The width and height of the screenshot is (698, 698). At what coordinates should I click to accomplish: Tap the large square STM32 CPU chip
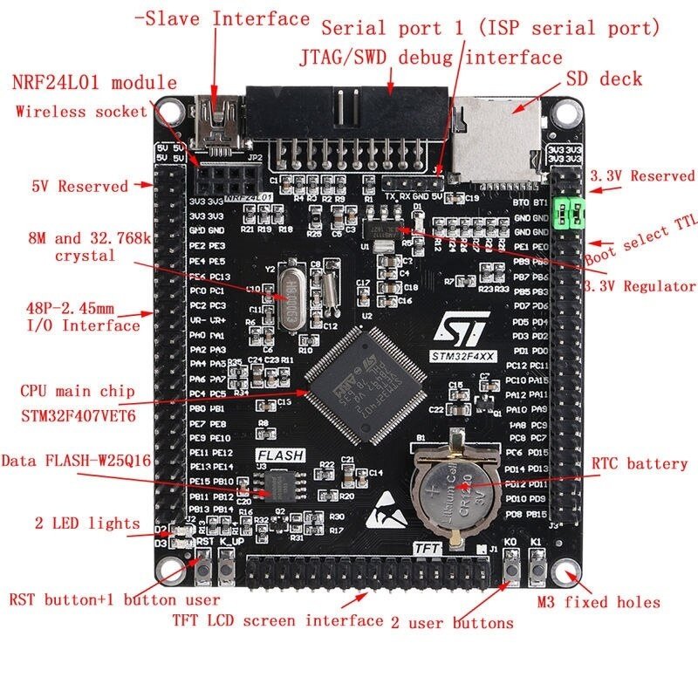364,385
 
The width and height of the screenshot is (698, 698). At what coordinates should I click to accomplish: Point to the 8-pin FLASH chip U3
280,482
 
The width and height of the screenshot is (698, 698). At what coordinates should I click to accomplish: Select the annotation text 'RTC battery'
640,463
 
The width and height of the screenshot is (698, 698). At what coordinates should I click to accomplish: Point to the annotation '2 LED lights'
87,523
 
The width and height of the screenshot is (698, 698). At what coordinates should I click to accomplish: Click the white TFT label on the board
426,547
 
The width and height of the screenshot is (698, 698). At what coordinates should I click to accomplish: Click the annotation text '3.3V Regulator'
640,286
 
